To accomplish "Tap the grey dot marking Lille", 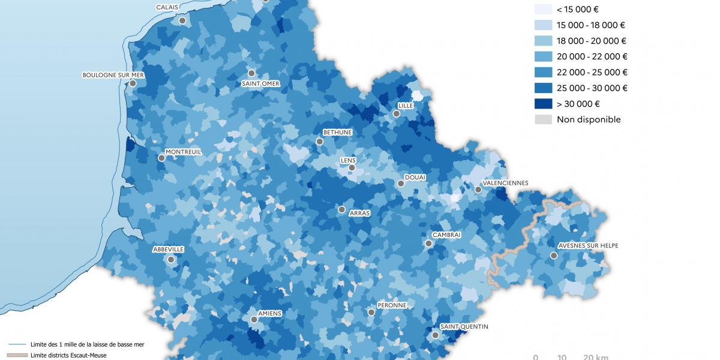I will click(x=396, y=113).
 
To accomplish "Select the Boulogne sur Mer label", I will click(x=113, y=75).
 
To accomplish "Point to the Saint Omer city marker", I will click(x=251, y=73).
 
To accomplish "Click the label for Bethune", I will click(x=337, y=132).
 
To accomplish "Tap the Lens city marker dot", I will click(x=352, y=168).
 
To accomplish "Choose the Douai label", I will click(x=415, y=177).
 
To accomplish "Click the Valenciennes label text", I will click(x=505, y=183).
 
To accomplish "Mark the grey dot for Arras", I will click(x=341, y=210).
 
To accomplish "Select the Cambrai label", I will click(x=446, y=235).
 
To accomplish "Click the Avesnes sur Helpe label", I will click(x=588, y=245).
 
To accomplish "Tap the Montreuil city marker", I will click(x=161, y=158).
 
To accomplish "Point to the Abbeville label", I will click(x=168, y=249).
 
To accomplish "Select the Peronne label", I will click(x=392, y=305).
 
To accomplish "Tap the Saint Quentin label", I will click(x=464, y=326).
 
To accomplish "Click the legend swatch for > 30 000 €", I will click(x=543, y=104).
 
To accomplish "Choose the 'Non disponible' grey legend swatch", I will click(x=543, y=119).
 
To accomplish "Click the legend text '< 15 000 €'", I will click(x=577, y=10).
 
